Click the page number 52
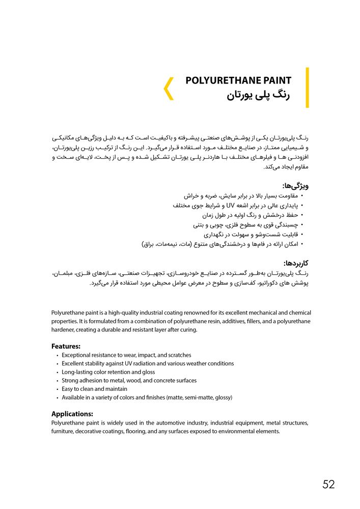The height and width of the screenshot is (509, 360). click(328, 484)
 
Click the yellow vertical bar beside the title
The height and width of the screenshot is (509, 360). click(307, 88)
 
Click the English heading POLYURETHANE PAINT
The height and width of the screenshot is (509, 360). click(238, 80)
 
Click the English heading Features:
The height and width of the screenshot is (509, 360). click(66, 346)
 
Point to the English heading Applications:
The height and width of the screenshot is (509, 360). click(72, 414)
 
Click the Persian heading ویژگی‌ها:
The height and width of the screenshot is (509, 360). click(295, 186)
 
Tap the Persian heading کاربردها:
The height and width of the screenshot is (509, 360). click(295, 263)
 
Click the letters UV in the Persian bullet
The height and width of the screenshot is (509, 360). click(223, 206)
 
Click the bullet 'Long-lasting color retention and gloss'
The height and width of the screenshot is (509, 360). click(108, 372)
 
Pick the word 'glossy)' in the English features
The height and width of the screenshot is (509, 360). click(223, 398)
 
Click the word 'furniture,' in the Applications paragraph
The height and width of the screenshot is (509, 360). click(63, 432)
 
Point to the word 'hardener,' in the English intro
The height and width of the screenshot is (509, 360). click(64, 330)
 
